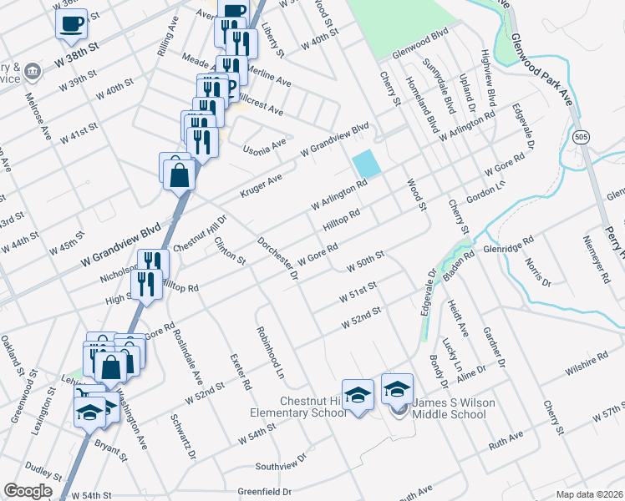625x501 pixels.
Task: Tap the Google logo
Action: click(28, 491)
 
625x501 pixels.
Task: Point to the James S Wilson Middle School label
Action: click(444, 408)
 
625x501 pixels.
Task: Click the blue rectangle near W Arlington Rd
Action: click(366, 163)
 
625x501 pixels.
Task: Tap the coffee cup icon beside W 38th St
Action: click(72, 23)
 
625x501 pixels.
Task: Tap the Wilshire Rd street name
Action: click(586, 361)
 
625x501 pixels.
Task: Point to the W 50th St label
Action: click(365, 260)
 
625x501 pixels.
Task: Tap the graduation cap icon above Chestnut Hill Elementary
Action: click(358, 395)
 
